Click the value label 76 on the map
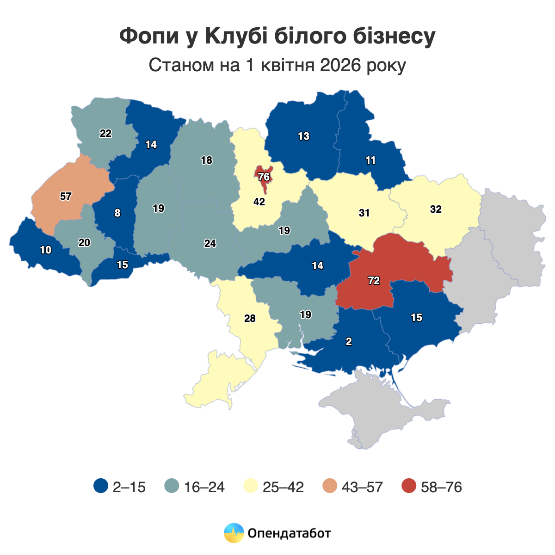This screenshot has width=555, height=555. [x=264, y=177]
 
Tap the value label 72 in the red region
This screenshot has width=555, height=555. [x=374, y=281]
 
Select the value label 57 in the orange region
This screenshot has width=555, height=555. [x=66, y=196]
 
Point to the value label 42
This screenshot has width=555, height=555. [x=259, y=202]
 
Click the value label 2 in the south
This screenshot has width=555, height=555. [x=349, y=342]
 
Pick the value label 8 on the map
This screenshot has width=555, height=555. [x=117, y=213]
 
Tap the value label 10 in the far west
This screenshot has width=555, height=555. [x=45, y=250]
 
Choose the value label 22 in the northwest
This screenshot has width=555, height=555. [x=105, y=134]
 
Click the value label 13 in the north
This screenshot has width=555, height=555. [x=303, y=136]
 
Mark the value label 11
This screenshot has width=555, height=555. [x=370, y=160]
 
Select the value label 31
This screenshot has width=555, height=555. [x=364, y=213]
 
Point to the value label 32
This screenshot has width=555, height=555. [x=436, y=209]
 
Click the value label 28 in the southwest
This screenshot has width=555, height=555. [x=250, y=319]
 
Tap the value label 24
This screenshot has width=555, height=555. [x=210, y=243]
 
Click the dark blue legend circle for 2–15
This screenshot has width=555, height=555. [x=100, y=487]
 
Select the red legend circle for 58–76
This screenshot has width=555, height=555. [x=409, y=487]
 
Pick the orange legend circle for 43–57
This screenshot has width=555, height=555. [x=330, y=487]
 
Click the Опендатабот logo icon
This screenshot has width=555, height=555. [x=234, y=533]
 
